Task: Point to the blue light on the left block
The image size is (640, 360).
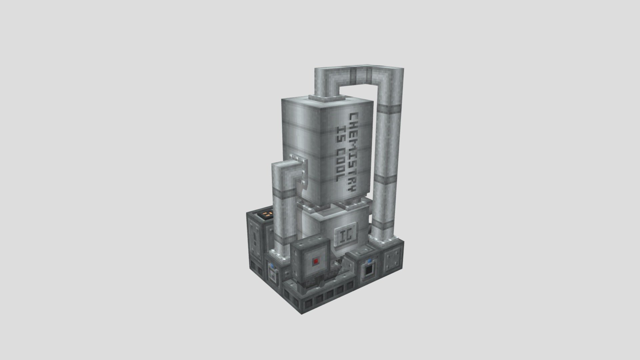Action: (x=272, y=266)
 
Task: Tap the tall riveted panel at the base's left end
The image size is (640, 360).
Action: (x=255, y=238)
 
